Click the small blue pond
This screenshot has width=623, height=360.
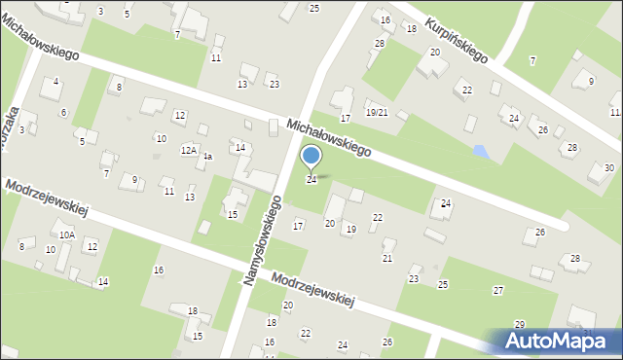click(x=479, y=152)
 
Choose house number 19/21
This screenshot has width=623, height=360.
click(x=377, y=113)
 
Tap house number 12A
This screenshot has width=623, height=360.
click(x=189, y=151)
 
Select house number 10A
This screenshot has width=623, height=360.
click(x=66, y=234)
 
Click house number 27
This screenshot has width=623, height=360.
click(x=498, y=291)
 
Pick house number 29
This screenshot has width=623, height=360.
click(x=520, y=324)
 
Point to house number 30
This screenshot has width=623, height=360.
click(x=608, y=168)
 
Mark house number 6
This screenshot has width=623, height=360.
click(x=63, y=113)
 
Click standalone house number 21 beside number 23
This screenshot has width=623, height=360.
click(x=386, y=258)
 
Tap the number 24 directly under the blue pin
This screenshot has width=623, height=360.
click(x=311, y=180)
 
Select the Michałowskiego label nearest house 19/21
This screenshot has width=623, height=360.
click(x=329, y=138)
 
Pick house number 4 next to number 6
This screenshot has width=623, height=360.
click(x=55, y=81)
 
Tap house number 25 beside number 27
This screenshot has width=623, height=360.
click(x=443, y=284)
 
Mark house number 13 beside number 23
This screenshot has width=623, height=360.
click(x=242, y=85)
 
